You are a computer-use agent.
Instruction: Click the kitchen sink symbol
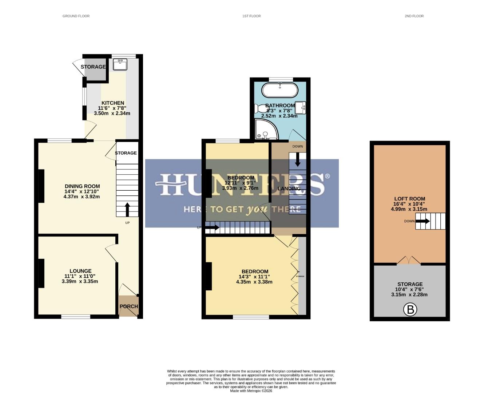pyautogui.click(x=120, y=64)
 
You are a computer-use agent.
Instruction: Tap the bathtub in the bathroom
pyautogui.click(x=280, y=90)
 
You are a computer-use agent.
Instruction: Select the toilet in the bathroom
pyautogui.click(x=261, y=108)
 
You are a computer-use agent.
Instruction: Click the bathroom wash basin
pyautogui.click(x=300, y=107)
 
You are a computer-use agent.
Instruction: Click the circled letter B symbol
pyautogui.click(x=410, y=310)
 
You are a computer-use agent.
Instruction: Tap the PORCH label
pyautogui.click(x=129, y=306)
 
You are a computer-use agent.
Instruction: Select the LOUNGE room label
pyautogui.click(x=80, y=271)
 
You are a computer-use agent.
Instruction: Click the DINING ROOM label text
pyautogui.click(x=82, y=186)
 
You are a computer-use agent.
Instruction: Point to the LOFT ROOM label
pyautogui.click(x=409, y=199)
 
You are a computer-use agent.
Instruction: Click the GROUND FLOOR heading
pyautogui.click(x=76, y=16)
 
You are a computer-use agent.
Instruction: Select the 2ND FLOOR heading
pyautogui.click(x=414, y=16)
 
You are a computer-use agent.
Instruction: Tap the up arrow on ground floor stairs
pyautogui.click(x=127, y=210)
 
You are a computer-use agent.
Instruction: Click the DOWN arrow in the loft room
pyautogui.click(x=422, y=221)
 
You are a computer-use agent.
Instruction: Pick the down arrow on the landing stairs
pyautogui.click(x=298, y=160)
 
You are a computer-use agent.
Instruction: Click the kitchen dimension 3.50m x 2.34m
pyautogui.click(x=112, y=113)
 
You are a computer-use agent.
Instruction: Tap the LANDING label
pyautogui.click(x=289, y=188)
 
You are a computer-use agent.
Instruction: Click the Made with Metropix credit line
pyautogui.click(x=251, y=391)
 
